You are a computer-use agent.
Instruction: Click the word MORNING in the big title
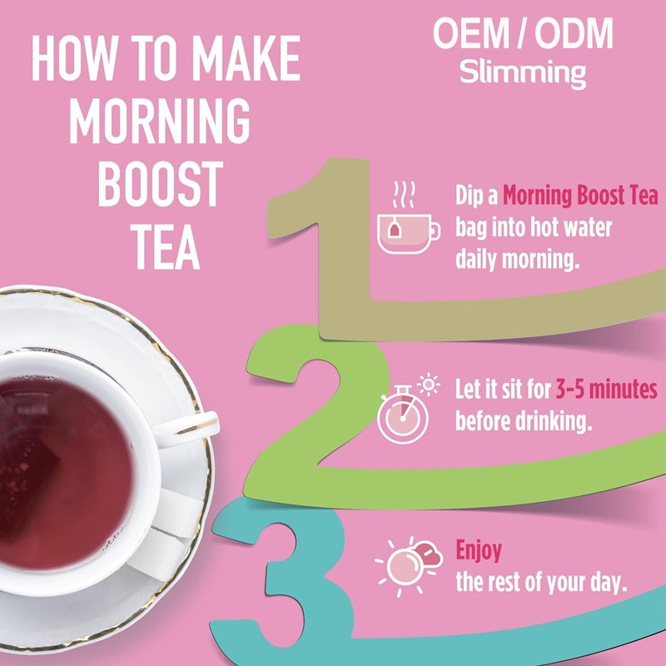pos(159,121)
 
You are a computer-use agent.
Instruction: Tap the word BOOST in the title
pos(159,183)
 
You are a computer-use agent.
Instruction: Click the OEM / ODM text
pos(523,34)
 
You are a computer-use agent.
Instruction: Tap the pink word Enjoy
pos(478,551)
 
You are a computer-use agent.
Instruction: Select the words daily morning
pos(516,260)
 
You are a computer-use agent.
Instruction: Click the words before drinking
pos(524,420)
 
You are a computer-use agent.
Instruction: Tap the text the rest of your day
pos(540,582)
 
